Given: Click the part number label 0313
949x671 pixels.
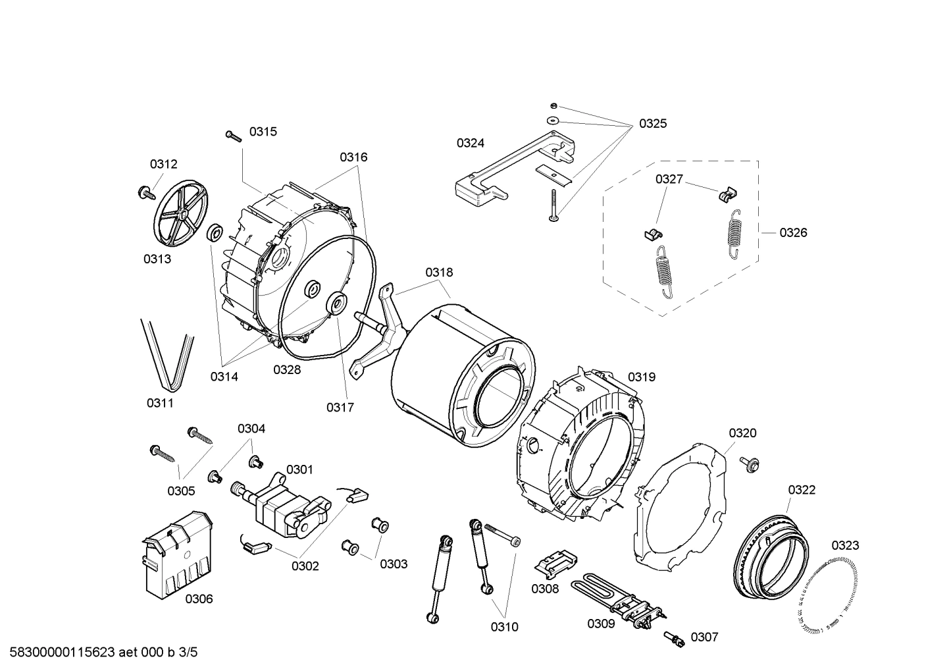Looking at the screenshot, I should click(157, 259).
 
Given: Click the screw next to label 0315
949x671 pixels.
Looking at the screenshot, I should click(234, 135).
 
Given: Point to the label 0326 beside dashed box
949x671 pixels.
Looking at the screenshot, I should click(793, 232).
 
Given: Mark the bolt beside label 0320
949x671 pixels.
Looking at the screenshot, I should click(749, 464).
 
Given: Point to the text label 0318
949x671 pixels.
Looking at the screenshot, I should click(438, 272).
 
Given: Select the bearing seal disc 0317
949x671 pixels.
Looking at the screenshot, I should click(338, 304).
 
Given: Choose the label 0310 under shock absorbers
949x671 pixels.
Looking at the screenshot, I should click(504, 627).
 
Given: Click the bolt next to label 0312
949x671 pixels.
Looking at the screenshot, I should click(144, 192).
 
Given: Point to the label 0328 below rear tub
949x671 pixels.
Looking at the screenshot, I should click(287, 369).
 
